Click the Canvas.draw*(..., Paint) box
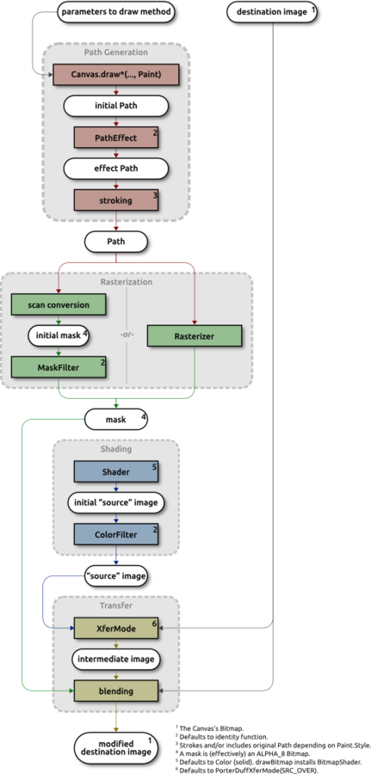(115, 75)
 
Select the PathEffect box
(115, 138)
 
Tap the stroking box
(115, 201)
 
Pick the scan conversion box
(59, 304)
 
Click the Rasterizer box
(195, 335)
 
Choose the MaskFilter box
(59, 366)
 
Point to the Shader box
(115, 471)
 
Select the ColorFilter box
(115, 535)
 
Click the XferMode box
(115, 628)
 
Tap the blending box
(115, 691)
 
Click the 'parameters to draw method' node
(115, 11)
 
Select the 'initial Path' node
(115, 106)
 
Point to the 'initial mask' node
(59, 335)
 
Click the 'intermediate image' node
(115, 659)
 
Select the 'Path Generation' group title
(115, 52)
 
